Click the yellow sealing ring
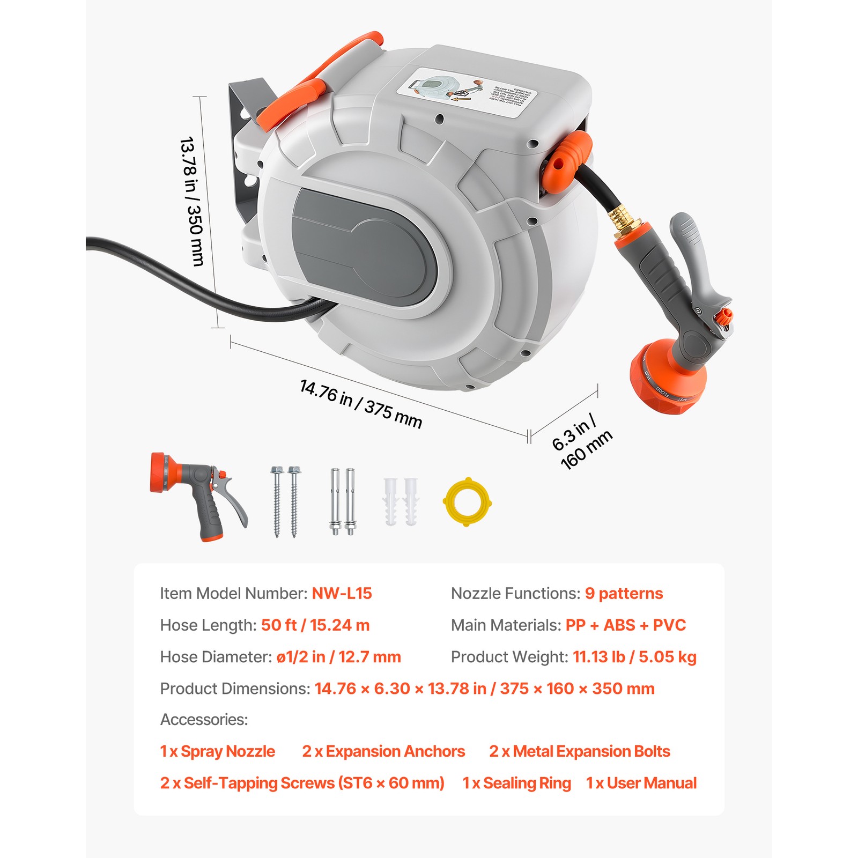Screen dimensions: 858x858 click(x=467, y=502)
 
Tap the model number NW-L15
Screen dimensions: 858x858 click(x=342, y=593)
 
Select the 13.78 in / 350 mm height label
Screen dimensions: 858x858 click(x=191, y=202)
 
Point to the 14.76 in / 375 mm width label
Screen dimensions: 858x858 click(x=360, y=403)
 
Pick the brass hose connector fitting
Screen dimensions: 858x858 click(x=620, y=220)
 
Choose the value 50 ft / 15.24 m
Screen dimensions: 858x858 click(x=315, y=625)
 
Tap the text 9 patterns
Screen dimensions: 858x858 click(x=624, y=593)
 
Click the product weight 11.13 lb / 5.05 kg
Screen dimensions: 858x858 click(x=634, y=657)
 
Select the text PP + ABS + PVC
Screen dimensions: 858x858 click(x=626, y=625)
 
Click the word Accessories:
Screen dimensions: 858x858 click(x=204, y=720)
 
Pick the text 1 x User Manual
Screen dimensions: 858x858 click(x=641, y=783)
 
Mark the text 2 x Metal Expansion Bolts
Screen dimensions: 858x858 click(x=579, y=751)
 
